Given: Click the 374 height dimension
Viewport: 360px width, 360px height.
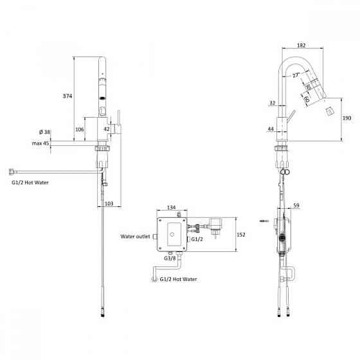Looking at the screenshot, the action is (67, 96).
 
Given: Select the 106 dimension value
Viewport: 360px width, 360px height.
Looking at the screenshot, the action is (80, 129).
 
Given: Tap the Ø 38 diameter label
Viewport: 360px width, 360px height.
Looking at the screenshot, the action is (44, 132).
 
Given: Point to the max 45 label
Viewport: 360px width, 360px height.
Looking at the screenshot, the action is (40, 143).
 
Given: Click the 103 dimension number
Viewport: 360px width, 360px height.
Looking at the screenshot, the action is (109, 203).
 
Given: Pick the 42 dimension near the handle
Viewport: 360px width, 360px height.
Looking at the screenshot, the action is (107, 129).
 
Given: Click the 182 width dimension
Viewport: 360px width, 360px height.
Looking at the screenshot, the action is (301, 45).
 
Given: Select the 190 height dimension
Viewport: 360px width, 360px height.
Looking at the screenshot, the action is (346, 118).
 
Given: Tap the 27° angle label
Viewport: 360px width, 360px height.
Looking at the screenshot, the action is (296, 75).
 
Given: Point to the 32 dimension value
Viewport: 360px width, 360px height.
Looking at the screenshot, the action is (273, 103).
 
